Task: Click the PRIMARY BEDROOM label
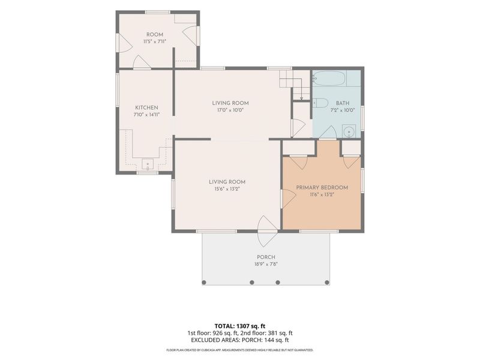322,187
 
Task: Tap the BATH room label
343,103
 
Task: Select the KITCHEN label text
146,108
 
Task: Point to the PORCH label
266,257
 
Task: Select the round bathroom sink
349,132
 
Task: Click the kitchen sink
148,164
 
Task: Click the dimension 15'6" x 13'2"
227,189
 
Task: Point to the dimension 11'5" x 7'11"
155,41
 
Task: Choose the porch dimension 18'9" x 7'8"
266,265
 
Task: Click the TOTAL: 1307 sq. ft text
238,326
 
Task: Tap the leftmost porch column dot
204,282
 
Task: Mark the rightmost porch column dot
327,282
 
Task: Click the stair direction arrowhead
302,98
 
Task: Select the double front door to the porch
268,231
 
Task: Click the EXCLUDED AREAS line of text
239,340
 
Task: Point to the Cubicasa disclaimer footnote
239,350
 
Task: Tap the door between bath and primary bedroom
328,132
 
